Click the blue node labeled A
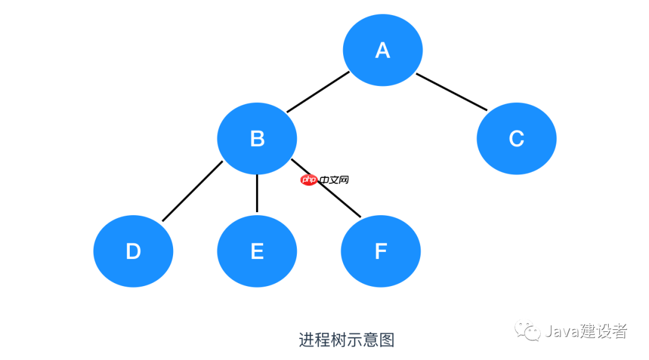[x=382, y=50]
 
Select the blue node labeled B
[x=257, y=139]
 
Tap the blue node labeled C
[x=517, y=139]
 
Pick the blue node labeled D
[x=133, y=251]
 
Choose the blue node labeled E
[x=257, y=251]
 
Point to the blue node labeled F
[x=381, y=251]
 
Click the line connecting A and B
[x=318, y=92]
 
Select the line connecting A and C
[x=451, y=92]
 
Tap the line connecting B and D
[x=192, y=191]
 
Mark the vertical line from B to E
[x=257, y=194]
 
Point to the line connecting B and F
[x=326, y=188]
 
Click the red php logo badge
[x=309, y=180]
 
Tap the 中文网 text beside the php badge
[x=334, y=180]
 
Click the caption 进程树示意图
[x=347, y=340]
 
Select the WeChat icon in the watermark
[x=528, y=331]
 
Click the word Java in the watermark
[x=562, y=331]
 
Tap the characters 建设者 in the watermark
[x=603, y=331]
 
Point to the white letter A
[x=382, y=50]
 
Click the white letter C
[x=517, y=139]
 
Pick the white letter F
[x=381, y=251]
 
